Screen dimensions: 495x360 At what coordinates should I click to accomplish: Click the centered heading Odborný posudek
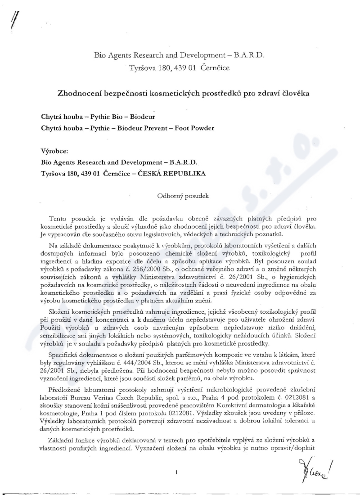pyautogui.click(x=180, y=196)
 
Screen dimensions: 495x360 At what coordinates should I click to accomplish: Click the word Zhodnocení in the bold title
pyautogui.click(x=81, y=94)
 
